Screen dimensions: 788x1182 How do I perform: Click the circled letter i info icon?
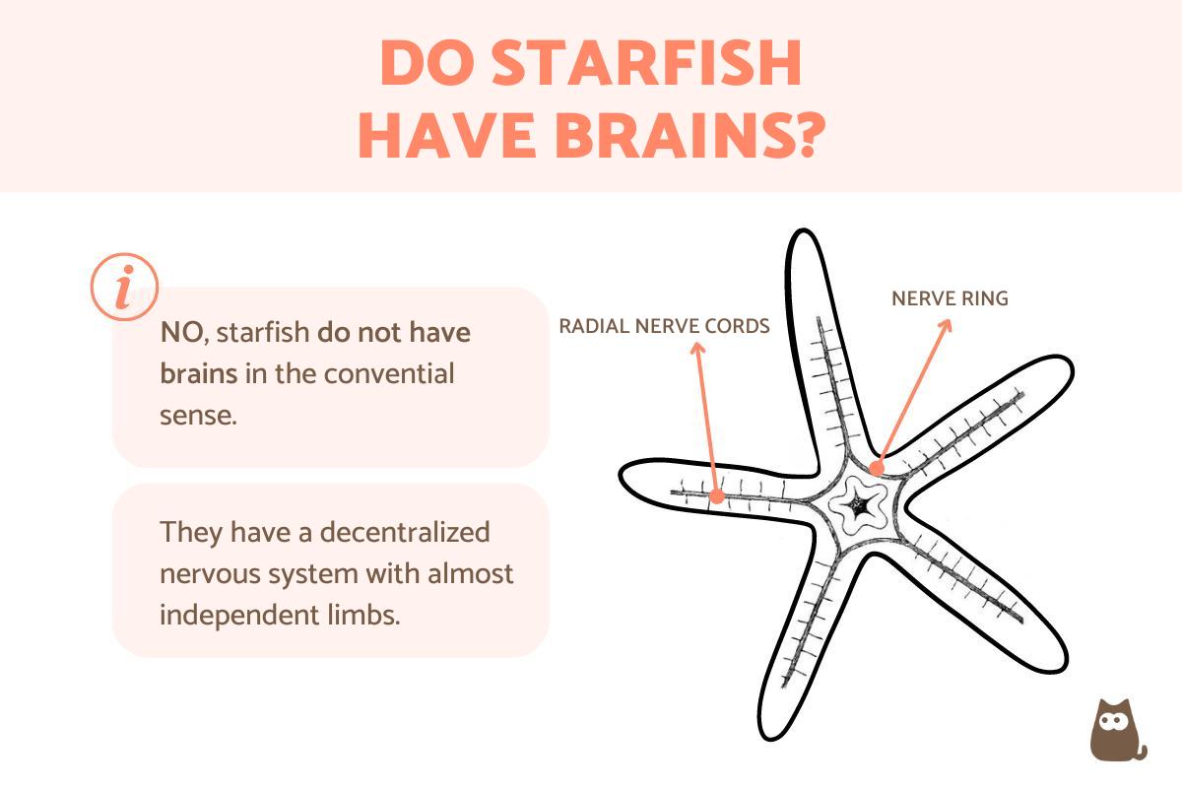click(124, 287)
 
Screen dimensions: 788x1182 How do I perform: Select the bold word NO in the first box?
click(182, 333)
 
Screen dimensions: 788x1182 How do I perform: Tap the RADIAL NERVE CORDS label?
click(664, 326)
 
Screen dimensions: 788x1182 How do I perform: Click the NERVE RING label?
click(950, 298)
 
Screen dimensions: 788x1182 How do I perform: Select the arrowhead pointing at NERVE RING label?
click(949, 324)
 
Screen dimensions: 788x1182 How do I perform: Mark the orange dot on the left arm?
click(717, 496)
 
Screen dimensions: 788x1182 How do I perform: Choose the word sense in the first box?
click(197, 415)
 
